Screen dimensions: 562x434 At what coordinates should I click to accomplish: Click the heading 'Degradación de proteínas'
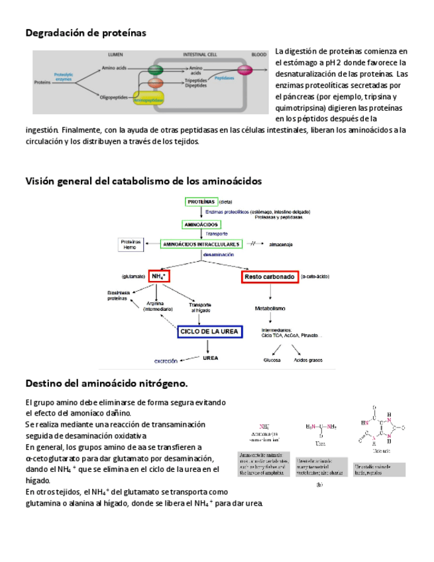point(85,32)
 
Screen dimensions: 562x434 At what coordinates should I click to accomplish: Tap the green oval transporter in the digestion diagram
point(156,69)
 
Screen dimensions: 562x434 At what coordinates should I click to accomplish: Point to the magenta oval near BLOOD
point(244,69)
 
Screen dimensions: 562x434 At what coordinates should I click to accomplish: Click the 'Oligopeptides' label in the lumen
point(113,97)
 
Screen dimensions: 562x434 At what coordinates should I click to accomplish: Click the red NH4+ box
point(159,276)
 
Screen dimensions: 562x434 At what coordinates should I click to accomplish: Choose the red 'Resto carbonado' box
point(270,277)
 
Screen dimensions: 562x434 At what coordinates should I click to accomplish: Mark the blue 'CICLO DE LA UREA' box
point(209,331)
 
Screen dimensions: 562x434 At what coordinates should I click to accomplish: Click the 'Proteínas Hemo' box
point(131,245)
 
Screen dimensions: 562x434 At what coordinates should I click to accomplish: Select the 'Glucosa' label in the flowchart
point(272,361)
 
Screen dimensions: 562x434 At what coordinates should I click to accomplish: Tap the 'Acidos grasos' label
point(308,361)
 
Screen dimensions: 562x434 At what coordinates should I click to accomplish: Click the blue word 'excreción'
point(166,361)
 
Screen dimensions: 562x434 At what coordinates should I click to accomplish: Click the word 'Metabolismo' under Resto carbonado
point(270,308)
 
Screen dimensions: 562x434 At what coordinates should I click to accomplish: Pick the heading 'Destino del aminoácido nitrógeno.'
point(106,383)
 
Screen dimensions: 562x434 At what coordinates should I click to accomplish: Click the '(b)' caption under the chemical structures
point(319,485)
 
